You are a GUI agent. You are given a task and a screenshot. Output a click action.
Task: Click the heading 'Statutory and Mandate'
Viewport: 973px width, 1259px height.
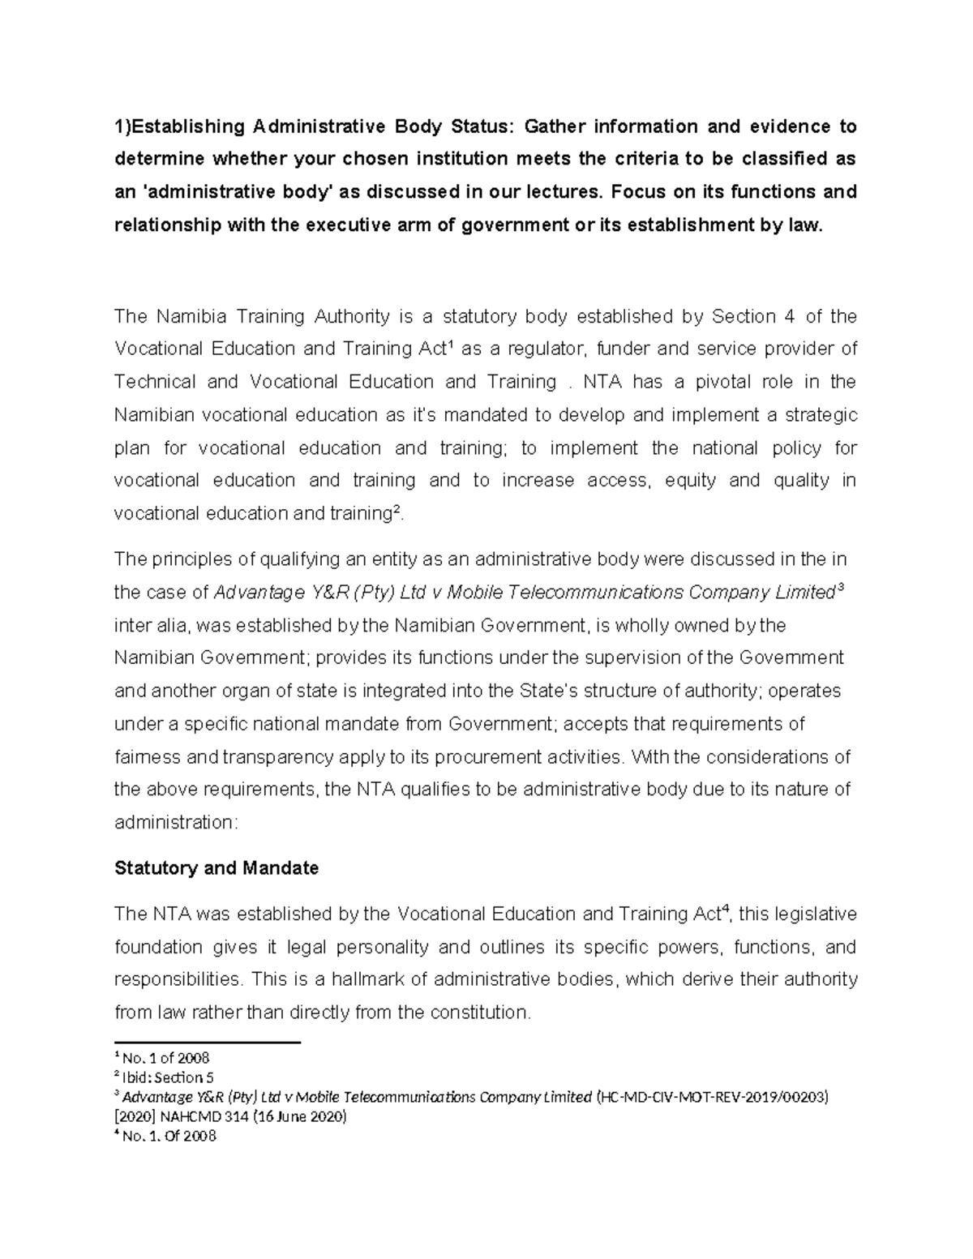point(216,868)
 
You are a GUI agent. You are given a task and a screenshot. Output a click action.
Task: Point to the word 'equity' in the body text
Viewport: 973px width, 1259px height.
point(690,481)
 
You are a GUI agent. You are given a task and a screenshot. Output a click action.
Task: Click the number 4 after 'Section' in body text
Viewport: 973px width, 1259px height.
point(791,316)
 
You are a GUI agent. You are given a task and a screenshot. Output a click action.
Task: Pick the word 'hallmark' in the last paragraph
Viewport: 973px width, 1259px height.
point(359,979)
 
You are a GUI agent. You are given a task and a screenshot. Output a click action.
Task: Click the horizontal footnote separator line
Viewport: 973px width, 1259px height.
point(208,1043)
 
